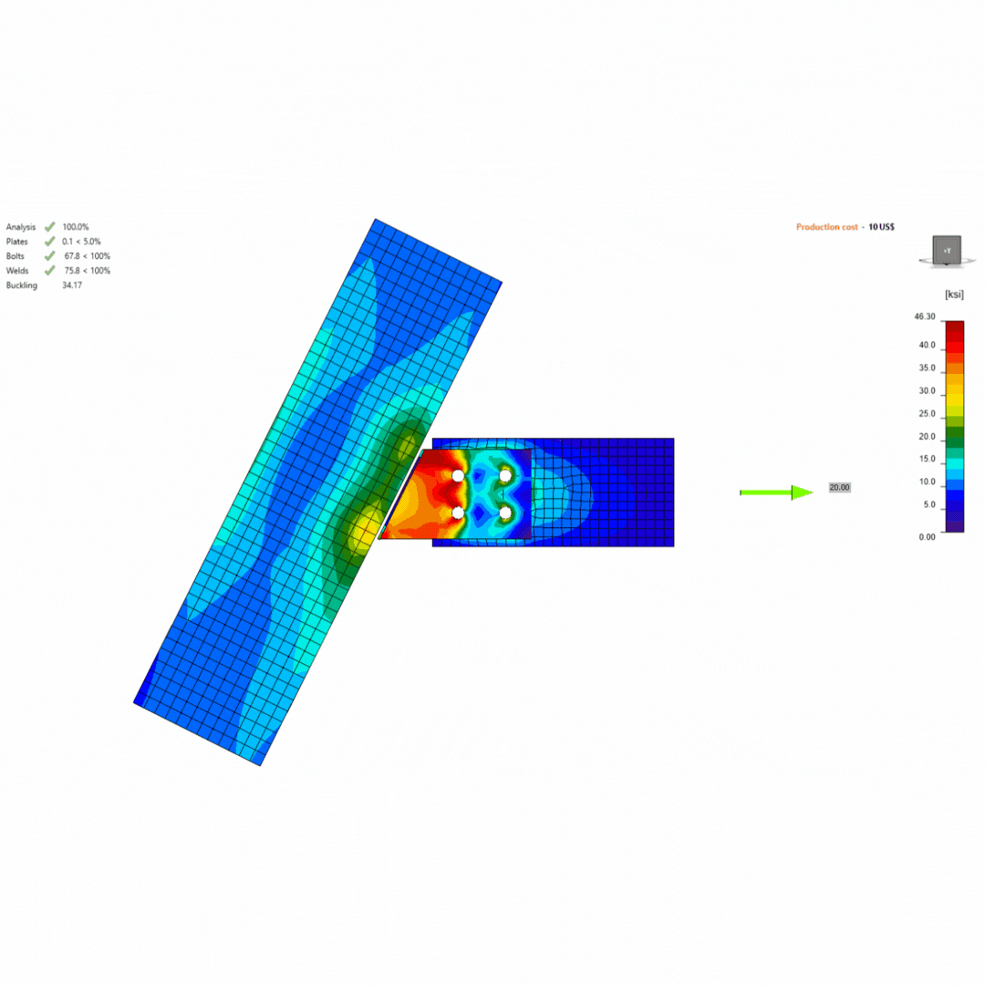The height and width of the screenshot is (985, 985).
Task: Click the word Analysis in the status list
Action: tap(21, 227)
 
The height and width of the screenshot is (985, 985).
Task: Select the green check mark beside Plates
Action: tap(49, 241)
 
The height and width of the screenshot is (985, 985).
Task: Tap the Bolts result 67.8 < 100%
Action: tap(88, 256)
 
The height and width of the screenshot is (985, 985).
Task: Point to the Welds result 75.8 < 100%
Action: tap(88, 271)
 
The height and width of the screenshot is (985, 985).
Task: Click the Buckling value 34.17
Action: tap(72, 285)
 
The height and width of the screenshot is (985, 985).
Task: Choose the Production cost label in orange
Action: tap(826, 227)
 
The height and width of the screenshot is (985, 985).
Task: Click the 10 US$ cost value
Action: tap(881, 227)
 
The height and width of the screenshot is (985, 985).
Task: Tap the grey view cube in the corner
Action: tap(947, 251)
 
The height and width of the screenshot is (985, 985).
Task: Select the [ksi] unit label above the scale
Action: tap(954, 295)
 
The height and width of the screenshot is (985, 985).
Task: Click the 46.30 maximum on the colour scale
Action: tap(925, 316)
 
